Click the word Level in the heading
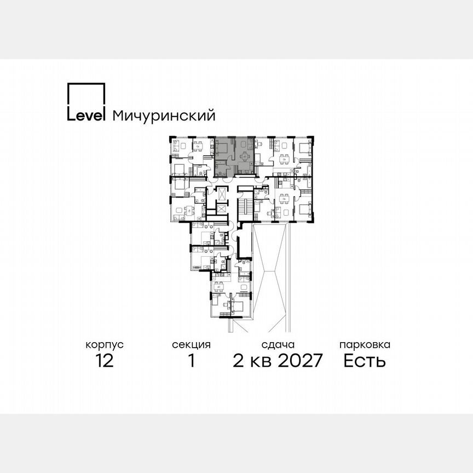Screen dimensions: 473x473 pos(86,116)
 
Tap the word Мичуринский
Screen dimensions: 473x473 pos(163,116)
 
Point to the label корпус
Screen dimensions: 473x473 pos(104,345)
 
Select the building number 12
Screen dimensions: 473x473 pos(104,361)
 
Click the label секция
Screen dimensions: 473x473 pos(191,345)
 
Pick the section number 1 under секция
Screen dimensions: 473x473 pos(191,361)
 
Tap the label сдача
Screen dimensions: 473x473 pos(278,345)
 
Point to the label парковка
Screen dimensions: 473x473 pos(365,345)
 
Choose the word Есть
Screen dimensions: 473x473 pos(365,361)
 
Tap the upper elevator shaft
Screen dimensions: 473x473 pos(221,195)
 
